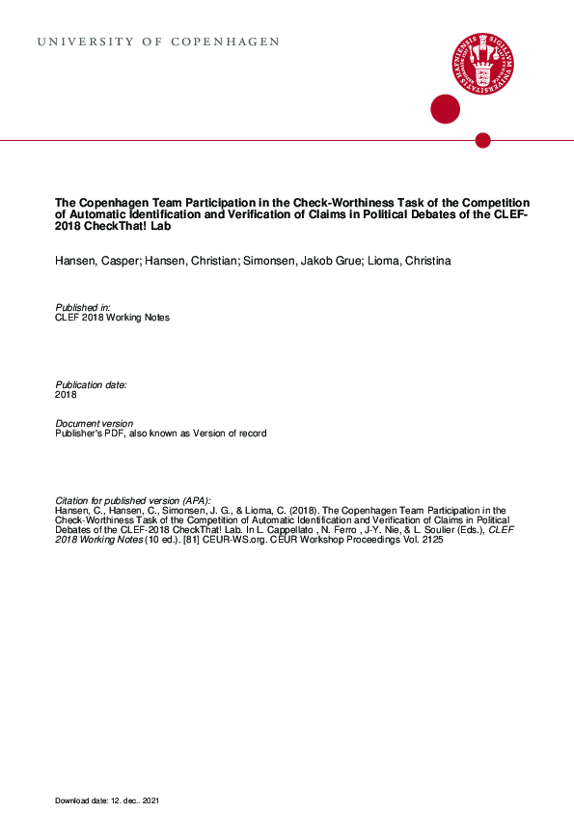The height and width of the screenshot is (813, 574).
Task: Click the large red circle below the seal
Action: pos(445,109)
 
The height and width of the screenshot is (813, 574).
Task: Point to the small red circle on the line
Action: pos(483,141)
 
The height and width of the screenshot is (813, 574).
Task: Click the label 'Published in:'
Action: pos(83,307)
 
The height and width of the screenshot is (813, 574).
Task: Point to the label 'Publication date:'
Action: pos(91,384)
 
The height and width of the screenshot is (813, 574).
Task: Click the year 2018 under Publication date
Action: pos(66,395)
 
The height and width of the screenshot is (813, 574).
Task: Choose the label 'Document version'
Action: pos(94,424)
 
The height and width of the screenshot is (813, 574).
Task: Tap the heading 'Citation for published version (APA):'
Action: pos(132,499)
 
